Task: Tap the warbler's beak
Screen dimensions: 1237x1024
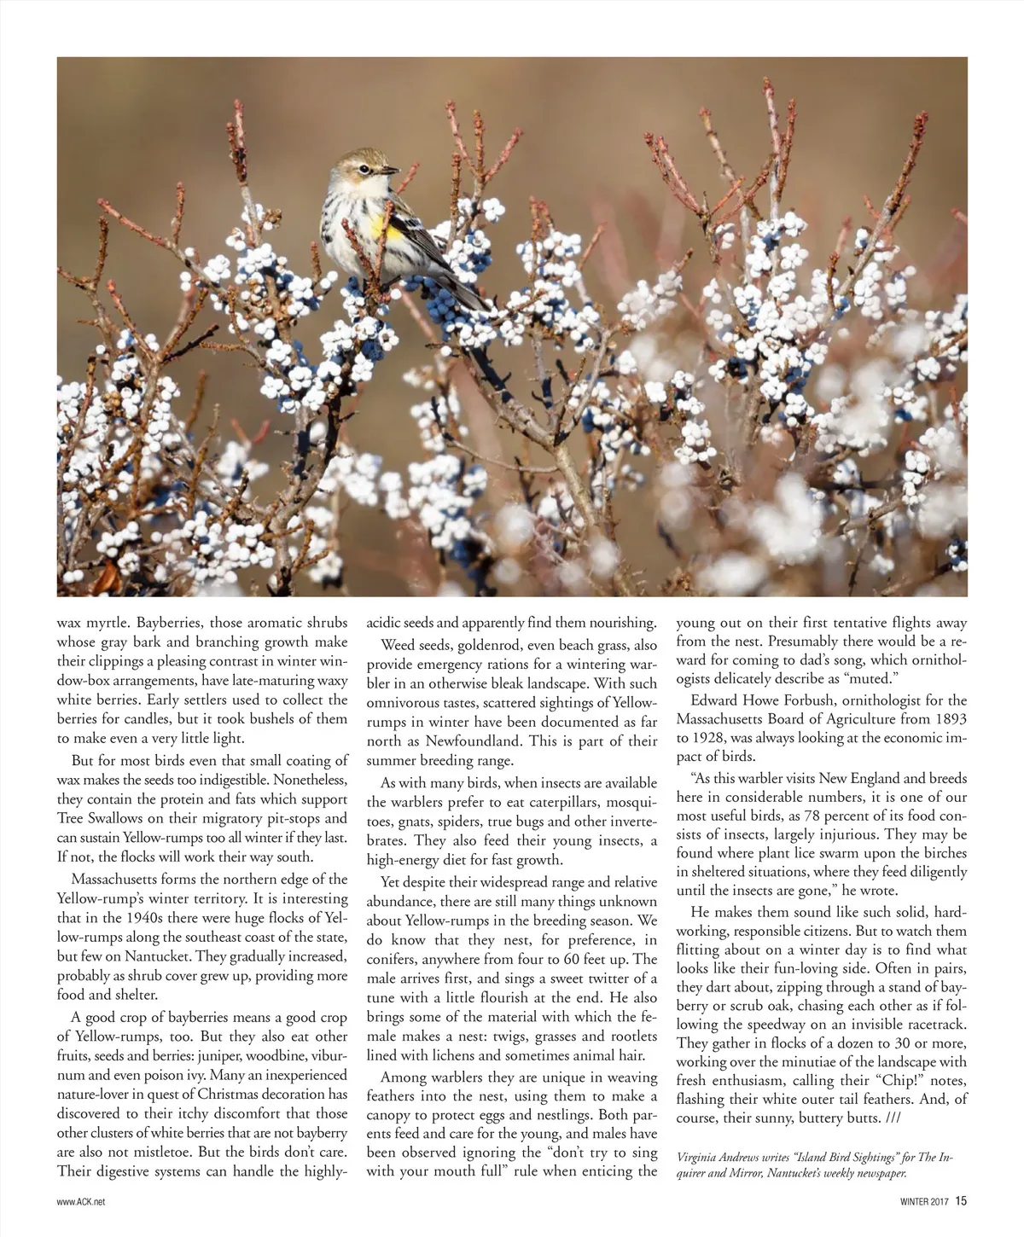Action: point(392,171)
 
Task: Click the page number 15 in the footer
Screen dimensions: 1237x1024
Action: point(961,1201)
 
